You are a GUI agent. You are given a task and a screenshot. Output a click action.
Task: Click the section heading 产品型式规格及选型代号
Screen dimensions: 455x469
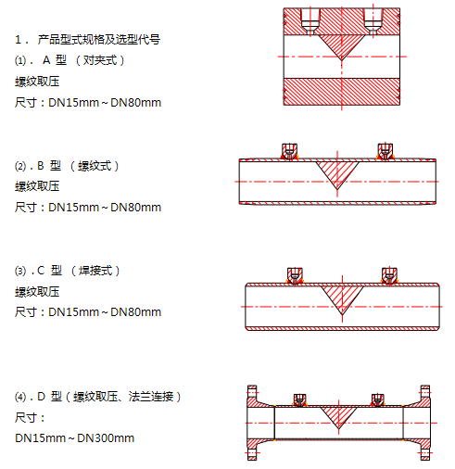pyautogui.click(x=99, y=39)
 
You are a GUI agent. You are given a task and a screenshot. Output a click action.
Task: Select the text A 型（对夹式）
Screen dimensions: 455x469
pyautogui.click(x=83, y=60)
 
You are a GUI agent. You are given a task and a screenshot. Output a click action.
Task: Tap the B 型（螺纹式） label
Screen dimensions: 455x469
pyautogui.click(x=78, y=166)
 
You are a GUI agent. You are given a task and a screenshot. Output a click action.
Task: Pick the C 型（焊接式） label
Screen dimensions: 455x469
pyautogui.click(x=79, y=271)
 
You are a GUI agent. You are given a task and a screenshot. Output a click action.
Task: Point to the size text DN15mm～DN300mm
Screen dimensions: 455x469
pyautogui.click(x=75, y=438)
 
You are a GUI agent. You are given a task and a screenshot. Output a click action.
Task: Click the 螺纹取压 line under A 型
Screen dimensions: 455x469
pyautogui.click(x=37, y=82)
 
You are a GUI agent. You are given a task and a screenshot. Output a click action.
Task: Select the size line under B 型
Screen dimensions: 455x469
pyautogui.click(x=88, y=208)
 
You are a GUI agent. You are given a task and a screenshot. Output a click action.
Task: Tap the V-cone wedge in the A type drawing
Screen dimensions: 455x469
pyautogui.click(x=342, y=45)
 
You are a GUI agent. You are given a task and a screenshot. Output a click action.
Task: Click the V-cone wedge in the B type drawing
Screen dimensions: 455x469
pyautogui.click(x=337, y=173)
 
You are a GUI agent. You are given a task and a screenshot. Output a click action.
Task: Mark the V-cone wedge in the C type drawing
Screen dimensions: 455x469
pyautogui.click(x=342, y=298)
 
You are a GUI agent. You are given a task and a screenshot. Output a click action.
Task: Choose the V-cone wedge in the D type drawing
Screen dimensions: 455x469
pyautogui.click(x=338, y=415)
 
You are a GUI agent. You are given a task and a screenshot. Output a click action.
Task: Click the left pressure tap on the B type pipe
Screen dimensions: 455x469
pyautogui.click(x=289, y=151)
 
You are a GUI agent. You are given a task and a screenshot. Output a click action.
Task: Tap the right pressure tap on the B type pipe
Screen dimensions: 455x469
pyautogui.click(x=385, y=151)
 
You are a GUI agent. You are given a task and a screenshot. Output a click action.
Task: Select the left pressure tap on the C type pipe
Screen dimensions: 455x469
pyautogui.click(x=295, y=275)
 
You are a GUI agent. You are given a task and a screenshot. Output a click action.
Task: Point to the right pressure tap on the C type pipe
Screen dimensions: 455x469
pyautogui.click(x=389, y=275)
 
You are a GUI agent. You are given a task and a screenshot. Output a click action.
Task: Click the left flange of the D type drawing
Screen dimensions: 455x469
pyautogui.click(x=252, y=423)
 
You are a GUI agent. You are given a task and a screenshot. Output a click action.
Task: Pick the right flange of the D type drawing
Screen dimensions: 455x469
pyautogui.click(x=424, y=423)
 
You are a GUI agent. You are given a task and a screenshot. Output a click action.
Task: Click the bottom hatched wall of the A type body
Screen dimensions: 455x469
pyautogui.click(x=342, y=92)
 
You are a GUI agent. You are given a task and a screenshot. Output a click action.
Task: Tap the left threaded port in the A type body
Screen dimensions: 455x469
pyautogui.click(x=310, y=21)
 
